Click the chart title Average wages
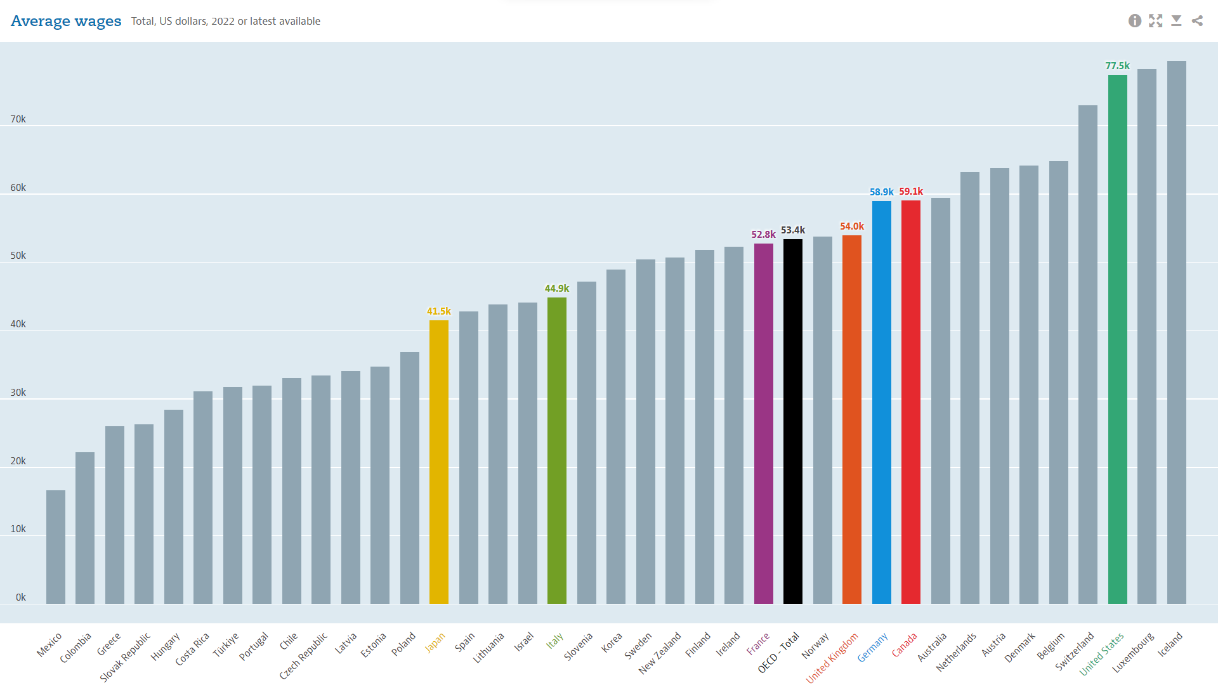66,21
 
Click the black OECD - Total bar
792,421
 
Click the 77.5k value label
1117,66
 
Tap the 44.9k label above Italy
557,289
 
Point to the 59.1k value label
911,192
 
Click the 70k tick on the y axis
18,119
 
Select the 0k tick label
21,597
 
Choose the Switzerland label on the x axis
1075,651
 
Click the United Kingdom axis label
832,658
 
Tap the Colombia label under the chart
75,648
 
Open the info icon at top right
1135,21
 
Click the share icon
1197,21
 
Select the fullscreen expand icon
1156,21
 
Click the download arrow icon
1176,21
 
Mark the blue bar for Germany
881,402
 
